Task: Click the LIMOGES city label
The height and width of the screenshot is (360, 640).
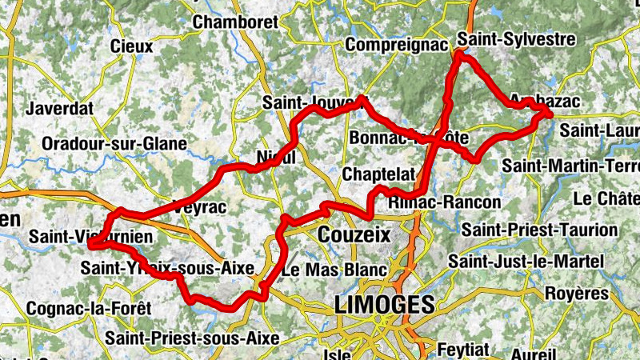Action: (x=385, y=304)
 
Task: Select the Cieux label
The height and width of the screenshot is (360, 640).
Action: (x=132, y=46)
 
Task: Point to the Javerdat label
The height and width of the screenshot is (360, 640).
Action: (x=60, y=108)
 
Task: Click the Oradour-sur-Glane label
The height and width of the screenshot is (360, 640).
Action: (x=114, y=144)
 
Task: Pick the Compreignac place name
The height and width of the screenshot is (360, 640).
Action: (x=396, y=45)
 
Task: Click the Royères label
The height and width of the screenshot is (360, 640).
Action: (x=577, y=293)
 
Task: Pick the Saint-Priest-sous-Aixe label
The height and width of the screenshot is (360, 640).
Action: (x=197, y=338)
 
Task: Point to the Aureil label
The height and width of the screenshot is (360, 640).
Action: (x=533, y=353)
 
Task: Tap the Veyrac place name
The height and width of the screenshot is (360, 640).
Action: (x=202, y=207)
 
